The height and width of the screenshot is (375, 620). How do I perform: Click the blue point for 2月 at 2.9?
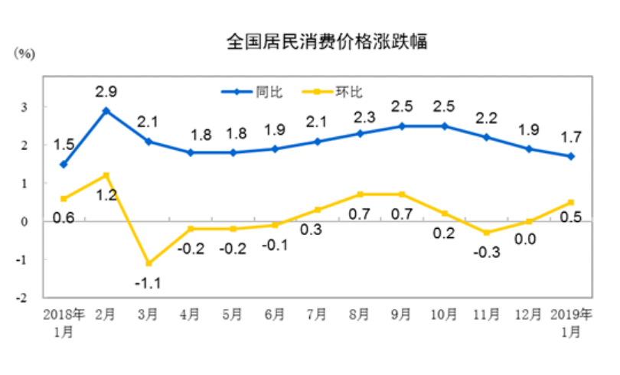click(x=106, y=111)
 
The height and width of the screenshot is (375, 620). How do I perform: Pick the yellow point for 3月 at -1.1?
click(x=148, y=263)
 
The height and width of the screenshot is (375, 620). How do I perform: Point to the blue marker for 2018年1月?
click(x=64, y=164)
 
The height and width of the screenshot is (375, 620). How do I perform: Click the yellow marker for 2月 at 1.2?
click(x=106, y=175)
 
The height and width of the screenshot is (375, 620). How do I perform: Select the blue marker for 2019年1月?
click(x=572, y=156)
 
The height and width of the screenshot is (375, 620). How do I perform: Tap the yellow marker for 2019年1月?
click(x=572, y=202)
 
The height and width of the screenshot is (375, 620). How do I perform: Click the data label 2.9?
click(x=106, y=92)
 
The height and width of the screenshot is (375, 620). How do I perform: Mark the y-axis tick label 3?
click(x=24, y=107)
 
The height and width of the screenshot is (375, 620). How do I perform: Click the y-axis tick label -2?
click(x=23, y=298)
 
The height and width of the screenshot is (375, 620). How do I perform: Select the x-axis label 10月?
click(x=444, y=315)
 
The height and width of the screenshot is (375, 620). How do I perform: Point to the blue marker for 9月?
click(x=403, y=126)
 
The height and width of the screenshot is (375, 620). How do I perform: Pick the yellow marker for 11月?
click(x=487, y=233)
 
